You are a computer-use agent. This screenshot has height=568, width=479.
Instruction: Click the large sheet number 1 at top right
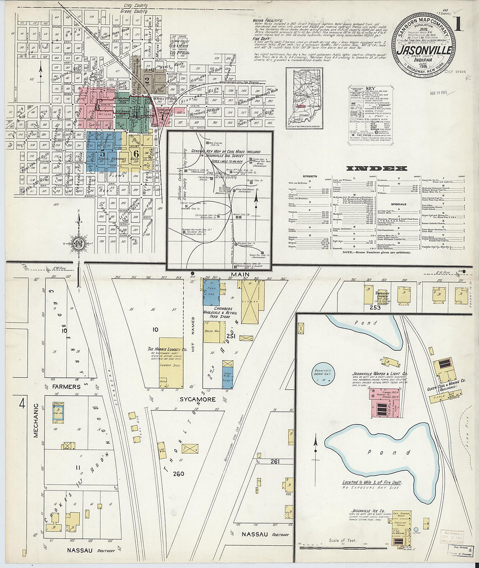458,24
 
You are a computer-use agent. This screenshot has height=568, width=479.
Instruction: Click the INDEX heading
377,168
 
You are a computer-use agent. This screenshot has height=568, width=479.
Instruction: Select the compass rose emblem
79,242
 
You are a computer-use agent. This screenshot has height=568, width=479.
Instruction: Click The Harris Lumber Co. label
167,349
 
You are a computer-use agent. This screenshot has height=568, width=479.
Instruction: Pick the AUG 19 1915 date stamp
439,94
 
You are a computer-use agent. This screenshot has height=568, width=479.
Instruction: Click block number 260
179,474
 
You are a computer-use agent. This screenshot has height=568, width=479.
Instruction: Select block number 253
375,307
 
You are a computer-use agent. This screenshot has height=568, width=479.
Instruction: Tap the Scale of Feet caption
343,541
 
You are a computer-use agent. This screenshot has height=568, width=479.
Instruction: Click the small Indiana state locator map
304,98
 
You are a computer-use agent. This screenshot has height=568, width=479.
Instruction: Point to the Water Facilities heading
268,20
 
